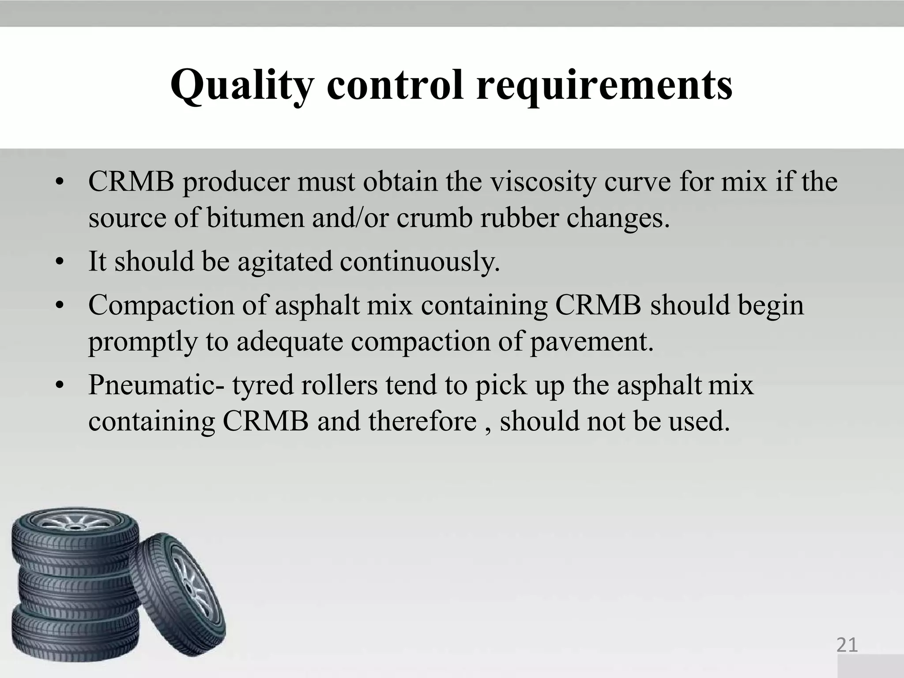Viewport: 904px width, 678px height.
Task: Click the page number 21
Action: [847, 645]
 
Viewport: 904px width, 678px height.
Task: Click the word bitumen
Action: [255, 218]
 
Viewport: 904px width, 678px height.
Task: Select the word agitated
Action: [285, 261]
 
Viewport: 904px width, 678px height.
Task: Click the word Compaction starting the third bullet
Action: [161, 305]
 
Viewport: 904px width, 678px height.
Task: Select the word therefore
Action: [422, 421]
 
